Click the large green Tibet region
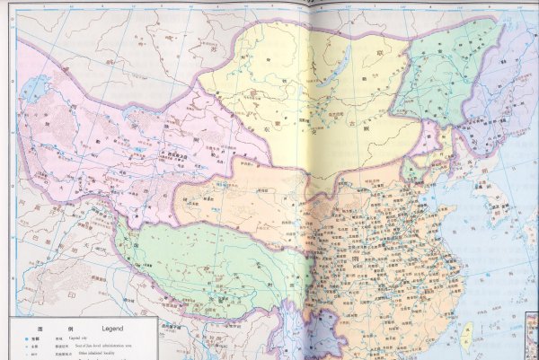pyautogui.click(x=198, y=260)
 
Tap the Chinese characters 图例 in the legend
pyautogui.click(x=40, y=328)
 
